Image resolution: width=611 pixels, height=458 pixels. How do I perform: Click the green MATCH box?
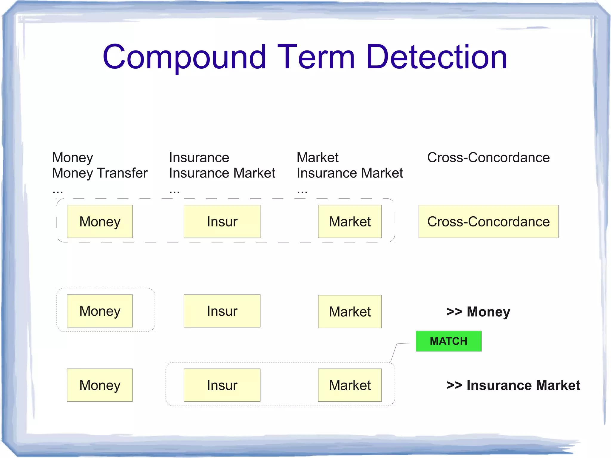point(448,341)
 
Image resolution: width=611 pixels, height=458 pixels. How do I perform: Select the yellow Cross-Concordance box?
point(488,221)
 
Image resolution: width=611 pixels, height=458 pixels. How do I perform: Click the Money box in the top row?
point(100,221)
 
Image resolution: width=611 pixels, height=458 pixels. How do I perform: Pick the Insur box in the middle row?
point(222,311)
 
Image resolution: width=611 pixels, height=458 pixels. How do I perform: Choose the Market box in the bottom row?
point(350,385)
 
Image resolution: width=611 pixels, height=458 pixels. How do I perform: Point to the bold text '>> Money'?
point(478,312)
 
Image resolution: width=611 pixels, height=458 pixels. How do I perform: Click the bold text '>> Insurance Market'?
point(513,385)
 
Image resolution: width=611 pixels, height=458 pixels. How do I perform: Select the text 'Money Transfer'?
point(100,173)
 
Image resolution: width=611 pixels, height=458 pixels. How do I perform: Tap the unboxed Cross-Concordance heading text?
point(488,158)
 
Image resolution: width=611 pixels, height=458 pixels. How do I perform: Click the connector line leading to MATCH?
point(394,352)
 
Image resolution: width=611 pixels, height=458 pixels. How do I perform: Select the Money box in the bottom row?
point(100,385)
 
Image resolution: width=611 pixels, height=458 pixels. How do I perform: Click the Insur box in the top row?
point(222,221)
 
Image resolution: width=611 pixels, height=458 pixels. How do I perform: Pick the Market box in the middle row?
point(350,311)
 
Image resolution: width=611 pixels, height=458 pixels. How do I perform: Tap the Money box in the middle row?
point(100,311)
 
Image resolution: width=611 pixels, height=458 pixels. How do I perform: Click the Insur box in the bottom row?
point(222,385)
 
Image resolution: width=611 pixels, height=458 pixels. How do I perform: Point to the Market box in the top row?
point(350,221)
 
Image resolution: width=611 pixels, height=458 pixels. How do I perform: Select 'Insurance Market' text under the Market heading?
point(350,173)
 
